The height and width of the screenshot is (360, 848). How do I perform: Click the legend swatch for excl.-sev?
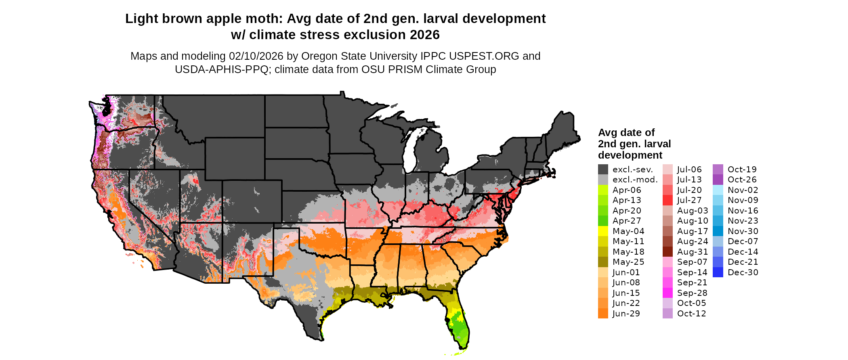(603, 170)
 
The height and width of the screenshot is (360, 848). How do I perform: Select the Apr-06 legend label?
(627, 190)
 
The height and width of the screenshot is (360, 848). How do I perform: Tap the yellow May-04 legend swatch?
(603, 231)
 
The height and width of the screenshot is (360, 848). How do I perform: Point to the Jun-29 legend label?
(626, 314)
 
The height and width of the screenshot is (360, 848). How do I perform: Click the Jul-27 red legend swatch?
(667, 200)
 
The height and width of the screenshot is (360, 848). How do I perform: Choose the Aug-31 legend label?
(693, 252)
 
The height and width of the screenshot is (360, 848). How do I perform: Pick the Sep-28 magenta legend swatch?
(667, 293)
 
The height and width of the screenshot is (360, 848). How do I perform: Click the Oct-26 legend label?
(742, 180)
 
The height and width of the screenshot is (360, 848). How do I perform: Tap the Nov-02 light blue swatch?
(718, 190)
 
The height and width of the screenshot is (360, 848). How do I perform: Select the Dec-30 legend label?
(743, 272)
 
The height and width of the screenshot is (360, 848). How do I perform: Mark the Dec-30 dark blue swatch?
(718, 272)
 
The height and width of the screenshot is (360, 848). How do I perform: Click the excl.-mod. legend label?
(635, 180)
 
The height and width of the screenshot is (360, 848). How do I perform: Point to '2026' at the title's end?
(424, 35)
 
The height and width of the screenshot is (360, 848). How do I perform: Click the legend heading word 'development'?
(630, 155)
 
